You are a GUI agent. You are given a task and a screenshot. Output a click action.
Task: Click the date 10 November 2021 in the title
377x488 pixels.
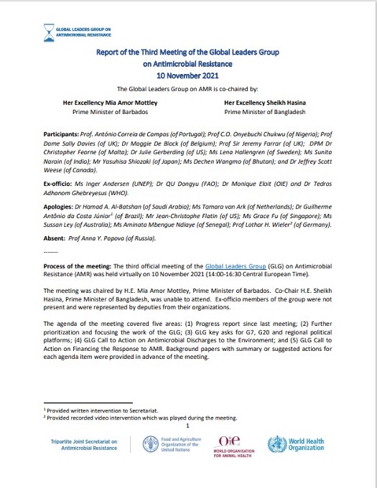click(188, 78)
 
